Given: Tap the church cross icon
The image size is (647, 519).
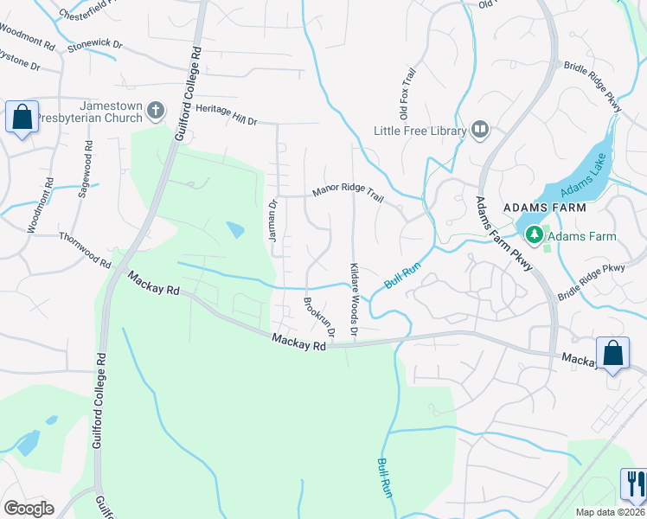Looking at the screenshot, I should (156, 110).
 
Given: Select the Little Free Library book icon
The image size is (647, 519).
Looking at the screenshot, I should (480, 131).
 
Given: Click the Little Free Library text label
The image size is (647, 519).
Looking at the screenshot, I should (420, 131).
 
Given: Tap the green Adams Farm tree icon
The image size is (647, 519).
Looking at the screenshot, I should (535, 234).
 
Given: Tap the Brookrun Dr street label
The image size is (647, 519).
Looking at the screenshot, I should (318, 317).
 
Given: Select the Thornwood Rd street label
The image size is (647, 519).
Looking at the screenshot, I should (85, 249).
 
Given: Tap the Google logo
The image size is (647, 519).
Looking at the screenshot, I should (29, 509).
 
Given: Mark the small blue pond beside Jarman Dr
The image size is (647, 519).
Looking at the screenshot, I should (234, 229).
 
